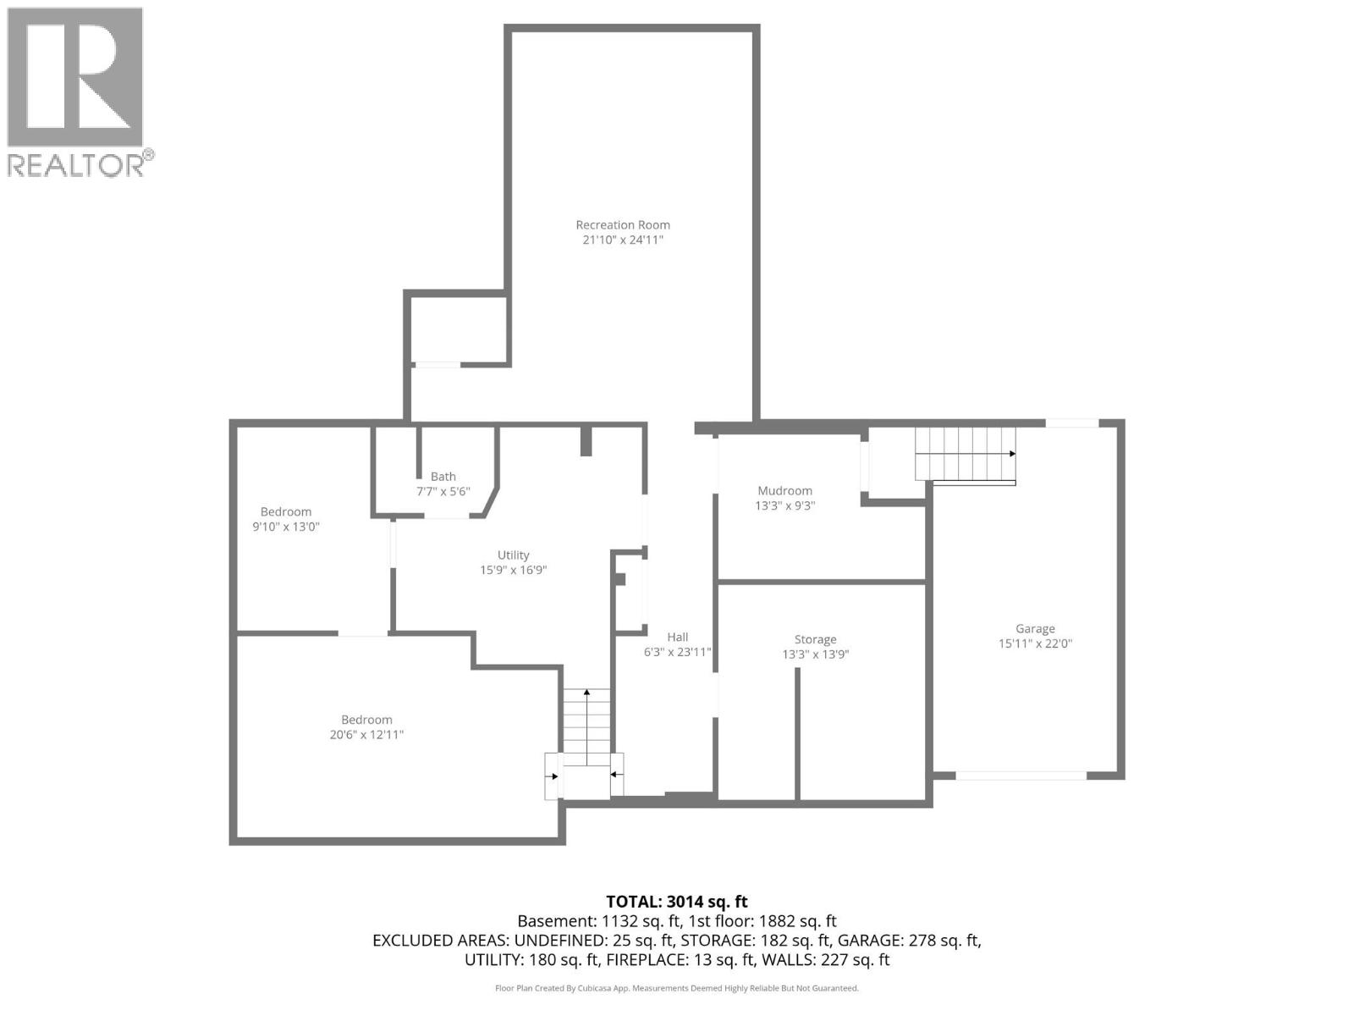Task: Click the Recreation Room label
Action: click(x=623, y=224)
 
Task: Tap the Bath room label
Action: click(x=443, y=477)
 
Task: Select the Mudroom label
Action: click(x=784, y=490)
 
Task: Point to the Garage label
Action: click(x=1035, y=628)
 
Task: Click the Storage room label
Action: click(x=815, y=639)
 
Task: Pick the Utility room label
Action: click(x=513, y=555)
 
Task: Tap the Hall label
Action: click(x=677, y=637)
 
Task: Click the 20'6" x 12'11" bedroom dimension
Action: click(x=366, y=735)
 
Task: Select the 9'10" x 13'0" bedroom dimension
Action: click(x=285, y=527)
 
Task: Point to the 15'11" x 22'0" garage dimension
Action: click(x=1035, y=643)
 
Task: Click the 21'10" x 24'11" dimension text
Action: click(x=623, y=240)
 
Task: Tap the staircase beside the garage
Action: click(x=965, y=455)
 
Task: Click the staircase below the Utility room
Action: click(x=586, y=728)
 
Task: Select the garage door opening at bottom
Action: click(x=1021, y=775)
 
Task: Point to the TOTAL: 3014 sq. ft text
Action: click(x=677, y=902)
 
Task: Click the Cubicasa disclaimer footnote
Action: click(x=677, y=988)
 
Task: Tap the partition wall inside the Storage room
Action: click(x=797, y=732)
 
